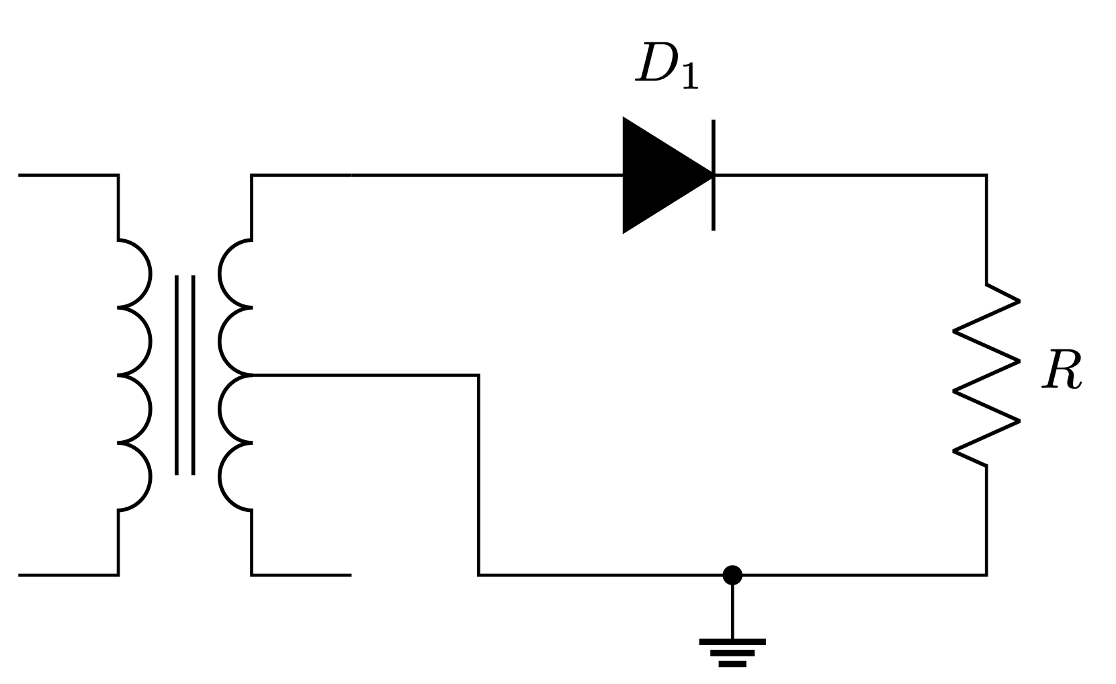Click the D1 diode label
click(666, 67)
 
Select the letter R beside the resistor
click(1062, 371)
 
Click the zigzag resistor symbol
click(986, 375)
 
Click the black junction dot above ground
click(732, 575)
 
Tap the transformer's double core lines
click(185, 375)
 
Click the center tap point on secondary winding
click(253, 375)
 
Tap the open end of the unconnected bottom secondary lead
click(349, 575)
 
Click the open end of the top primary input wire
click(20, 175)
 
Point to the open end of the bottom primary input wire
click(20, 575)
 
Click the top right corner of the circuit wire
click(986, 175)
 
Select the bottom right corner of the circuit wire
click(986, 575)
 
